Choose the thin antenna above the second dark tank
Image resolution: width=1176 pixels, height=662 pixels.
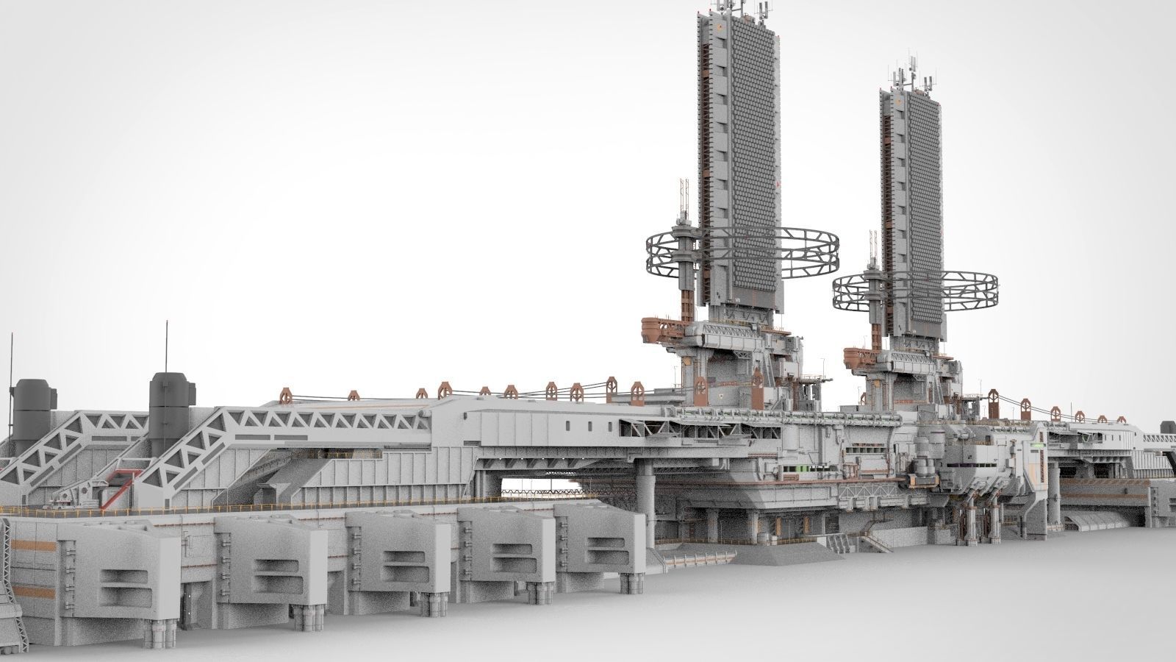(x=167, y=346)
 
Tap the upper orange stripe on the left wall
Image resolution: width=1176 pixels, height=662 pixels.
(x=33, y=544)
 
